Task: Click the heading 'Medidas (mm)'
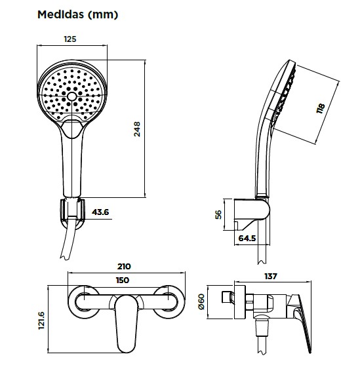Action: click(x=77, y=14)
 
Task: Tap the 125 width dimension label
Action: click(x=70, y=39)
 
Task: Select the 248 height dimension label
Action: click(x=137, y=129)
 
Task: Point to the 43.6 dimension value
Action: click(x=100, y=212)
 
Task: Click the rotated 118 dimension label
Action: click(x=321, y=108)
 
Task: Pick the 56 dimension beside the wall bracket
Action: click(x=218, y=214)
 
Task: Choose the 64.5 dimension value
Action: click(x=247, y=239)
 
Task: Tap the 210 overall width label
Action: click(x=124, y=266)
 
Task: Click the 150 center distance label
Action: click(x=123, y=280)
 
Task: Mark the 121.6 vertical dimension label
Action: click(x=41, y=320)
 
